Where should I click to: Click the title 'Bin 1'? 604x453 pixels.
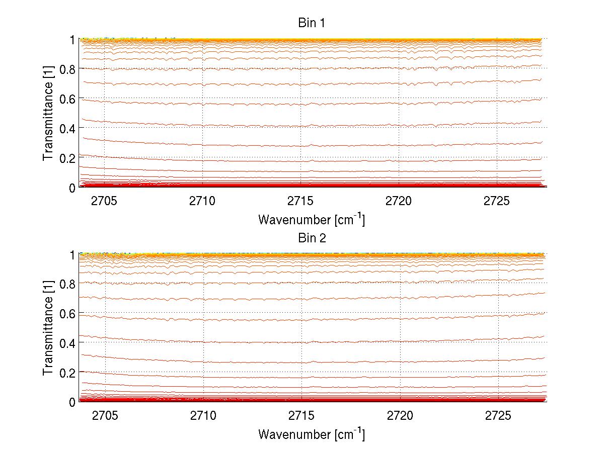tap(312, 23)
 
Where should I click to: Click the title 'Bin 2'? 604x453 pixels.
tap(312, 238)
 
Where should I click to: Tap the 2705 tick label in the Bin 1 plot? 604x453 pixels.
tap(104, 201)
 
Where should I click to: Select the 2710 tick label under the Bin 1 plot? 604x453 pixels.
tap(202, 201)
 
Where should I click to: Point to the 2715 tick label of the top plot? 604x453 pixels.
tap(300, 201)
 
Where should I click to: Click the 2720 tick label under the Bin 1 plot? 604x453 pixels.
tap(399, 201)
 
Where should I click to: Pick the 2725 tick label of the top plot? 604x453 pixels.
tap(497, 201)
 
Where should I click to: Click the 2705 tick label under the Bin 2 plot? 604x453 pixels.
tap(104, 416)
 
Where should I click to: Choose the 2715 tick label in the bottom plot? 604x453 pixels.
tap(300, 416)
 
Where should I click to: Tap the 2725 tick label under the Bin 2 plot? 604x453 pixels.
tap(497, 416)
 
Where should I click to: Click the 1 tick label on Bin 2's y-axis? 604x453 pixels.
tap(72, 254)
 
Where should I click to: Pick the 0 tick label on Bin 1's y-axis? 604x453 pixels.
tap(72, 187)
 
